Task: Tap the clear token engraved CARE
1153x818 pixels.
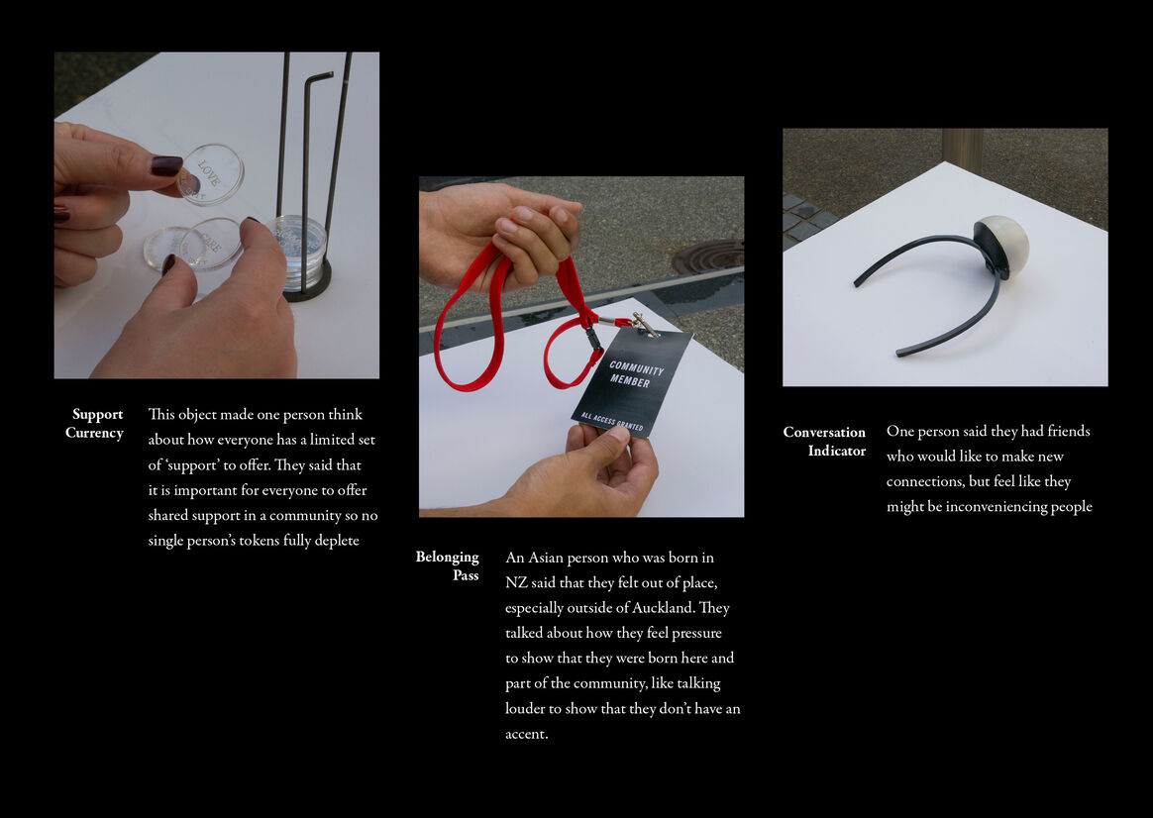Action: pos(210,244)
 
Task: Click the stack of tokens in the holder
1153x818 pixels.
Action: pos(296,243)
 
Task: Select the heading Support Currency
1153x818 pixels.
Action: pos(94,423)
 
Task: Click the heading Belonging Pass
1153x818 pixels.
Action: pos(447,565)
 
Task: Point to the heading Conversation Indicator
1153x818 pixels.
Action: pos(824,441)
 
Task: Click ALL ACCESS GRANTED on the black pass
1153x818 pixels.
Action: pos(612,422)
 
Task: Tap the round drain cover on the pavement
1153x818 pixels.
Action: pos(706,256)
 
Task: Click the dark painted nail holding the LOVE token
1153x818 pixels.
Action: pos(167,165)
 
